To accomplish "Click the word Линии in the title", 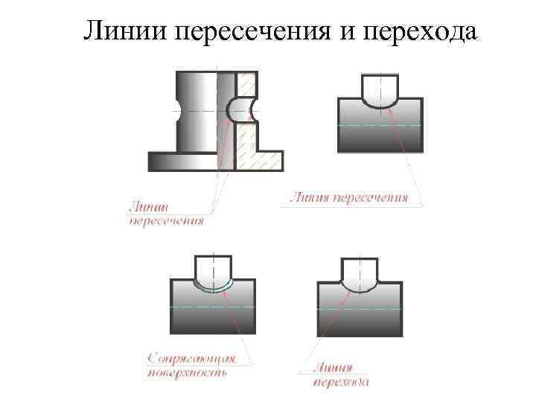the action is tap(125, 31).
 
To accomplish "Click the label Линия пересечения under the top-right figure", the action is tap(348, 198).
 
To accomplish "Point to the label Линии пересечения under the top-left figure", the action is tap(166, 214).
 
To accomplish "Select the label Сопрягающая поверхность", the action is tap(191, 366).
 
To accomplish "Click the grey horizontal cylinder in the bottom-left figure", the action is tap(214, 313).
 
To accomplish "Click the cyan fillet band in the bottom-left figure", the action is tap(214, 290).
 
